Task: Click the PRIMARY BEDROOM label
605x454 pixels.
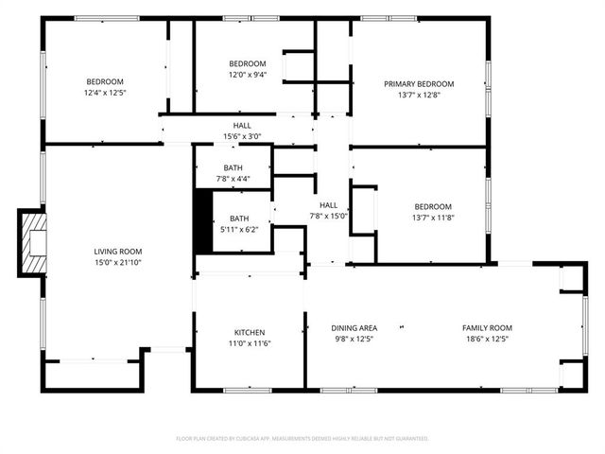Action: coord(419,84)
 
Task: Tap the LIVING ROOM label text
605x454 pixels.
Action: coord(118,252)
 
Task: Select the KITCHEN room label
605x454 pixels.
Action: coord(250,332)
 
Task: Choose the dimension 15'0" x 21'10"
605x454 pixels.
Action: coord(118,262)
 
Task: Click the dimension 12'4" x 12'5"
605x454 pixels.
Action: coord(105,93)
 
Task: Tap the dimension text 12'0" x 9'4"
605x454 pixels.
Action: coord(249,74)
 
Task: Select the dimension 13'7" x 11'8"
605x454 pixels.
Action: coord(433,217)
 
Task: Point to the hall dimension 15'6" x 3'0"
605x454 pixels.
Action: coord(242,136)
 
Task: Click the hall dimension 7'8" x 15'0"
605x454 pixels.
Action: coord(328,216)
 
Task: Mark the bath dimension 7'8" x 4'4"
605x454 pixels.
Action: coord(233,178)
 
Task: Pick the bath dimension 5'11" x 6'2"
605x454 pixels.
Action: coord(239,228)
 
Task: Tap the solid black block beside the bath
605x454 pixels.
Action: coord(202,221)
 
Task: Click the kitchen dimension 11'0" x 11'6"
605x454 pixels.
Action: coord(250,343)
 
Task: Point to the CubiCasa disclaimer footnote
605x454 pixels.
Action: coord(302,439)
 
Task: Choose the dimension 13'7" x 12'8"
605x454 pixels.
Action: coord(419,95)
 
